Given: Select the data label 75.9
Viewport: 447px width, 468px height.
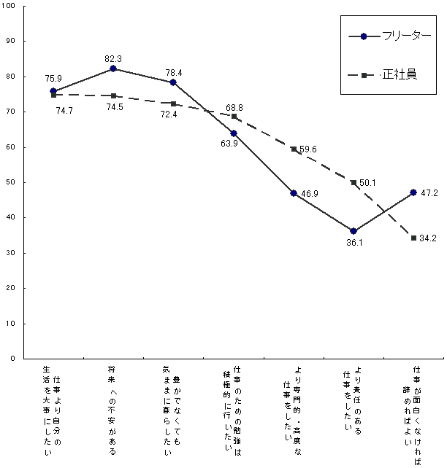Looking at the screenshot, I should pyautogui.click(x=53, y=79).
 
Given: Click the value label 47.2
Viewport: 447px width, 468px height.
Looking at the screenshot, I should pyautogui.click(x=429, y=193).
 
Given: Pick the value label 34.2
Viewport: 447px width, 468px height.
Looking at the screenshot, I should pyautogui.click(x=429, y=238).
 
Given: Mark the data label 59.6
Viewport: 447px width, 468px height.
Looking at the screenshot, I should pyautogui.click(x=307, y=149).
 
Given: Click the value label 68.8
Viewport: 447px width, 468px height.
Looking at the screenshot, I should pyautogui.click(x=235, y=108).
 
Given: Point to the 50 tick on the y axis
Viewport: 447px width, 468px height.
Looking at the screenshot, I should pyautogui.click(x=12, y=182).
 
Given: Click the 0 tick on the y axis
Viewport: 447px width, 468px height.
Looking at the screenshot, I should pyautogui.click(x=15, y=359).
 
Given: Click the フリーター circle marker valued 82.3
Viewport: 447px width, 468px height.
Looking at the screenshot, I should pyautogui.click(x=113, y=69).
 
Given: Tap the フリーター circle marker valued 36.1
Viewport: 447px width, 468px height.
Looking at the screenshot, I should pyautogui.click(x=354, y=231).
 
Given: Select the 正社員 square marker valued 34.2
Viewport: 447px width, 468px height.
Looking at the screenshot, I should pyautogui.click(x=413, y=238).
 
